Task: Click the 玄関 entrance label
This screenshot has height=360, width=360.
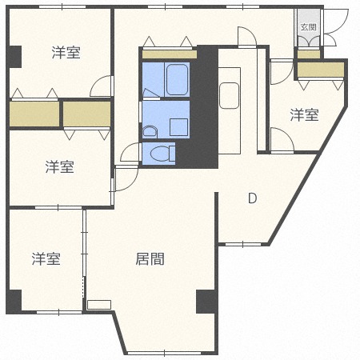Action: coord(308,26)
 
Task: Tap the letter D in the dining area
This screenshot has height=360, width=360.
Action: coord(252,198)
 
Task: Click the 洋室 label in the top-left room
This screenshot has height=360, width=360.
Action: coord(66,53)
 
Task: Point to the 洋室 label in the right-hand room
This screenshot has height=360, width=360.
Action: coord(303,115)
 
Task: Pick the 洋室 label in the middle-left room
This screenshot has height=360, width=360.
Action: coord(59,166)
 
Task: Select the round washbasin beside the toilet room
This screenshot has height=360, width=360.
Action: coord(149,131)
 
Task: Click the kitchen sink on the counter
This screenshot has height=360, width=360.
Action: coord(229,94)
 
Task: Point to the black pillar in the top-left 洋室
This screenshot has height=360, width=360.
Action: coord(14,57)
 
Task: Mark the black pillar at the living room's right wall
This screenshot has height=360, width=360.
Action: coord(206,302)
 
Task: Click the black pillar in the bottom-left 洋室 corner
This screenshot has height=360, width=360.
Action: coord(14,302)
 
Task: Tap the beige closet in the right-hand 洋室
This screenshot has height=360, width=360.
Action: coord(319,70)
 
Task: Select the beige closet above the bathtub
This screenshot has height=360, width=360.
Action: coord(169,54)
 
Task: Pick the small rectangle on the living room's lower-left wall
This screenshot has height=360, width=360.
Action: coord(99,304)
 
